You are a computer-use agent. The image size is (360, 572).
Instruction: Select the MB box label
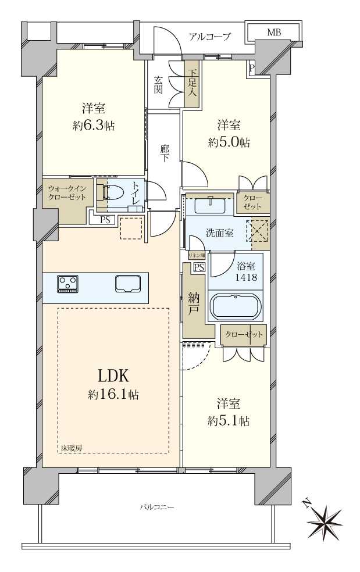273,33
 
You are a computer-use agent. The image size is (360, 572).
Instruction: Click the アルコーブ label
209,37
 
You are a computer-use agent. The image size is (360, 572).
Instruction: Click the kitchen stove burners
67,284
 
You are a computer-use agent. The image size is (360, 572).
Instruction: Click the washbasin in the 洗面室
210,206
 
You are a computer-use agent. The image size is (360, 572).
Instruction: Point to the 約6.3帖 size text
93,126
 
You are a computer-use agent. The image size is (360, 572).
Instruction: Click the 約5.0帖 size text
229,142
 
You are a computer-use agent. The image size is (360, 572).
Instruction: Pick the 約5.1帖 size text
229,421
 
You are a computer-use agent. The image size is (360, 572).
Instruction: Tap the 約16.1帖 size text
113,395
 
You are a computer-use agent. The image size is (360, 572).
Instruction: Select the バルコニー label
156,507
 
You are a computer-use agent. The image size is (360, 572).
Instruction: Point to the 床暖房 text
72,448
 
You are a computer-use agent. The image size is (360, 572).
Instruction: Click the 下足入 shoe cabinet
192,84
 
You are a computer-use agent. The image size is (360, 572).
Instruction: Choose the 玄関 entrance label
159,85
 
